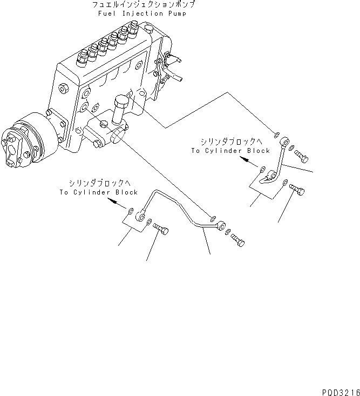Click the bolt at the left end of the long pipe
click(162, 231)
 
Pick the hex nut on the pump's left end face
click(64, 88)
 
